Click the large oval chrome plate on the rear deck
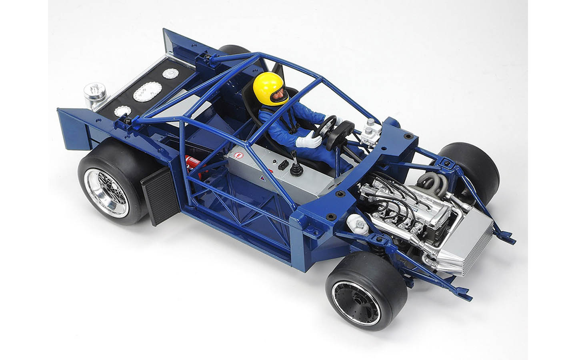[144, 92]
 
